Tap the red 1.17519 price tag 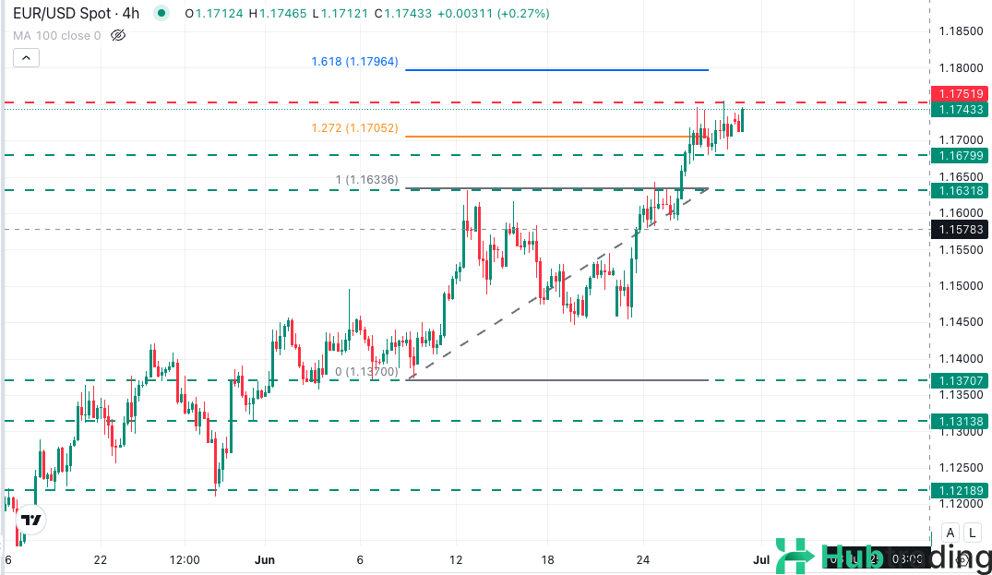960,94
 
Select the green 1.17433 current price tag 960,110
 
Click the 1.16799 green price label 960,155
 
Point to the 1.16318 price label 960,190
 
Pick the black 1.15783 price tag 960,228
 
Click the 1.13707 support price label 960,380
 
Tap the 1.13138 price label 960,421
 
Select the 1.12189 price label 960,490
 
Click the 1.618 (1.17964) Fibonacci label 354,62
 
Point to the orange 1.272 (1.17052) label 354,128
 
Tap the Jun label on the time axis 265,559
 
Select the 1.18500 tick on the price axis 960,31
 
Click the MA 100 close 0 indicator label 56,36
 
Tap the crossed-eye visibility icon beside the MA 117,36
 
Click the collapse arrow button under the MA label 27,57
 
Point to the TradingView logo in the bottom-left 31,520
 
